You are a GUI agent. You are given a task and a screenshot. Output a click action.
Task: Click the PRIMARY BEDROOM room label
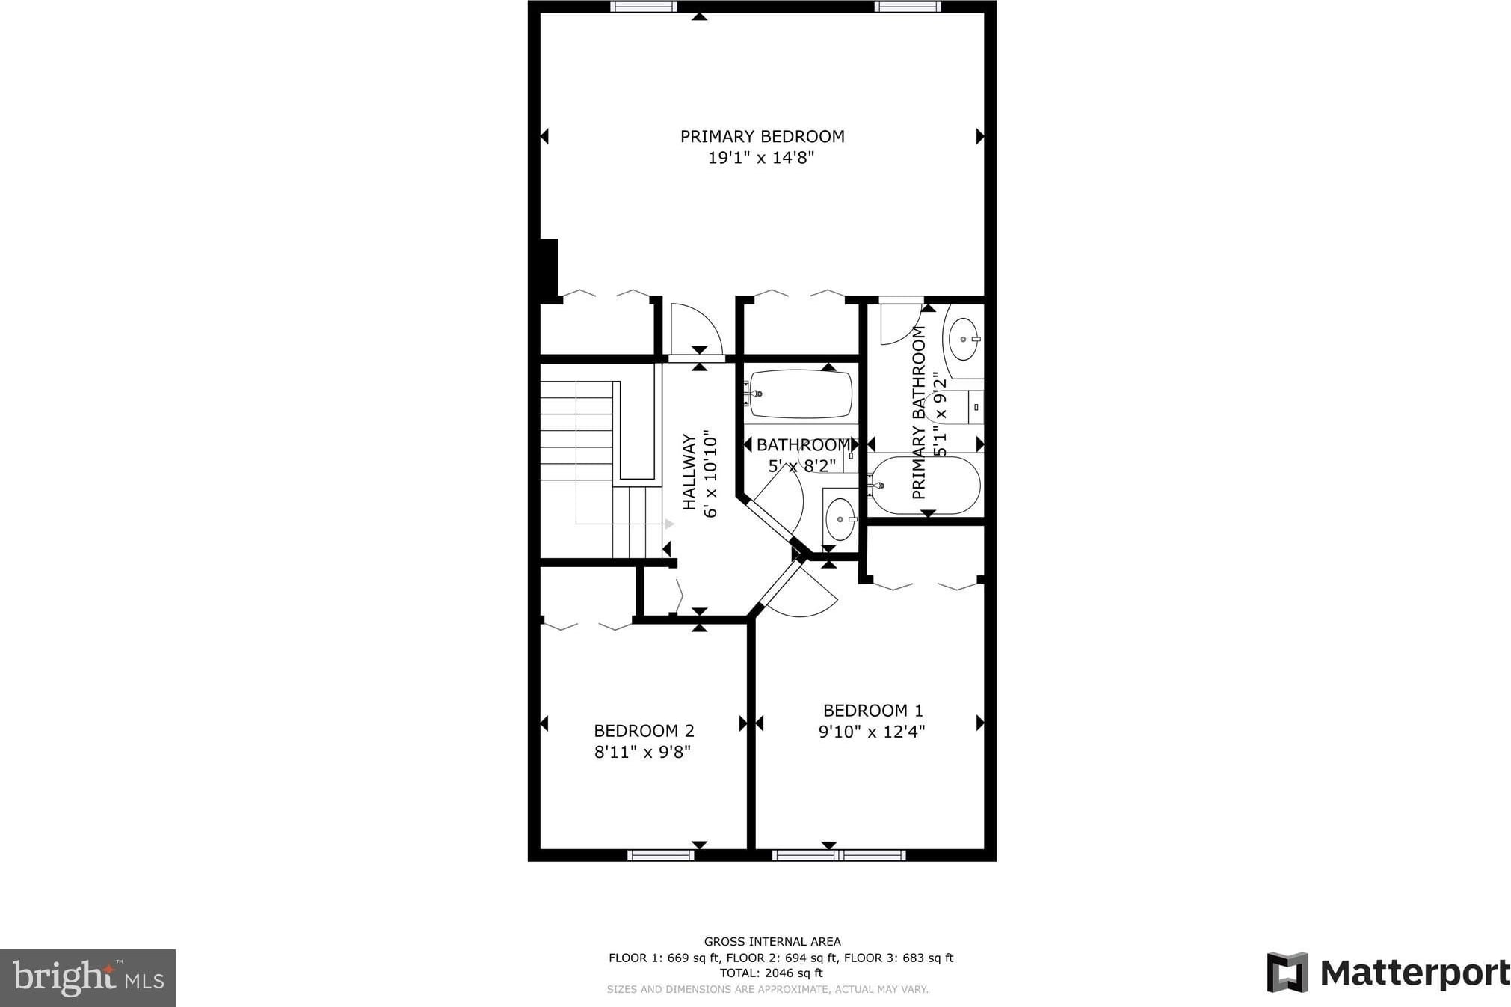[x=762, y=136]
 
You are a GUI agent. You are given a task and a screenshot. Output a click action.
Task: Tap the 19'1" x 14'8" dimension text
[x=760, y=158]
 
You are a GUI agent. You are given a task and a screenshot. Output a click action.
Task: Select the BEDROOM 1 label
[x=873, y=710]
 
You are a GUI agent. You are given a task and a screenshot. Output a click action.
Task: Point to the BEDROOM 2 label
[x=644, y=730]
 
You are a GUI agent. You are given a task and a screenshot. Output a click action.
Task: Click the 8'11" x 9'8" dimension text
[x=642, y=752]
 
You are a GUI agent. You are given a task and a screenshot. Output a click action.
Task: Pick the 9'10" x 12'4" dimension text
[x=872, y=732]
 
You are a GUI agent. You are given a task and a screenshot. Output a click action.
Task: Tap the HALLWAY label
[x=689, y=472]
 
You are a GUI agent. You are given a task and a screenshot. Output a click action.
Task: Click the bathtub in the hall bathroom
[x=800, y=394]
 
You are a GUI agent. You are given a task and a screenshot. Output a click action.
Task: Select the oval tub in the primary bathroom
[x=926, y=485]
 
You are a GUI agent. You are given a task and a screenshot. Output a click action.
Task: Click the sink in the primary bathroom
[x=964, y=339]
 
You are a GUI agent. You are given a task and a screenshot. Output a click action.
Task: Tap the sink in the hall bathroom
[x=840, y=518]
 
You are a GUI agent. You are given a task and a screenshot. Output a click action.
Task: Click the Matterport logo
[x=1388, y=973]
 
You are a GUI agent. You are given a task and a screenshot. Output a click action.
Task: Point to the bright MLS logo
[x=88, y=978]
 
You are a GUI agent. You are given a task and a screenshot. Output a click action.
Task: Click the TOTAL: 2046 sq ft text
[x=771, y=973]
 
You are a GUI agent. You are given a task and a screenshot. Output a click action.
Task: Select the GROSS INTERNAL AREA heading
[x=772, y=942]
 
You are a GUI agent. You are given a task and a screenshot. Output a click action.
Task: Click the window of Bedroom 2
[x=660, y=855]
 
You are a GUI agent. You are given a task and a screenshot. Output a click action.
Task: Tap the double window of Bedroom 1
[x=839, y=855]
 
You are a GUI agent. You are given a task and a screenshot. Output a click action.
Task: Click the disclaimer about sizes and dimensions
[x=767, y=989]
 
